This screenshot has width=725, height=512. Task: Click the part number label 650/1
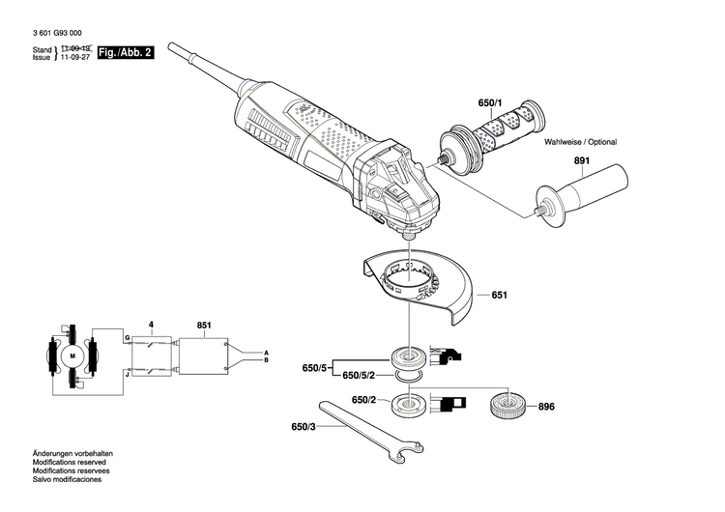pyautogui.click(x=490, y=102)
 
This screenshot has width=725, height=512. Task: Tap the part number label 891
pyautogui.click(x=580, y=162)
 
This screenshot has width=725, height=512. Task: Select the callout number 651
pyautogui.click(x=499, y=295)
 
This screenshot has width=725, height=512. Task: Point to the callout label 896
pyautogui.click(x=546, y=407)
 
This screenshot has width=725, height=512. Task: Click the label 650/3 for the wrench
pyautogui.click(x=304, y=426)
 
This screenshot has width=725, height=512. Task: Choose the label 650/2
pyautogui.click(x=363, y=400)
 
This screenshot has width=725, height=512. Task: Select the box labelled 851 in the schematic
pyautogui.click(x=201, y=356)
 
